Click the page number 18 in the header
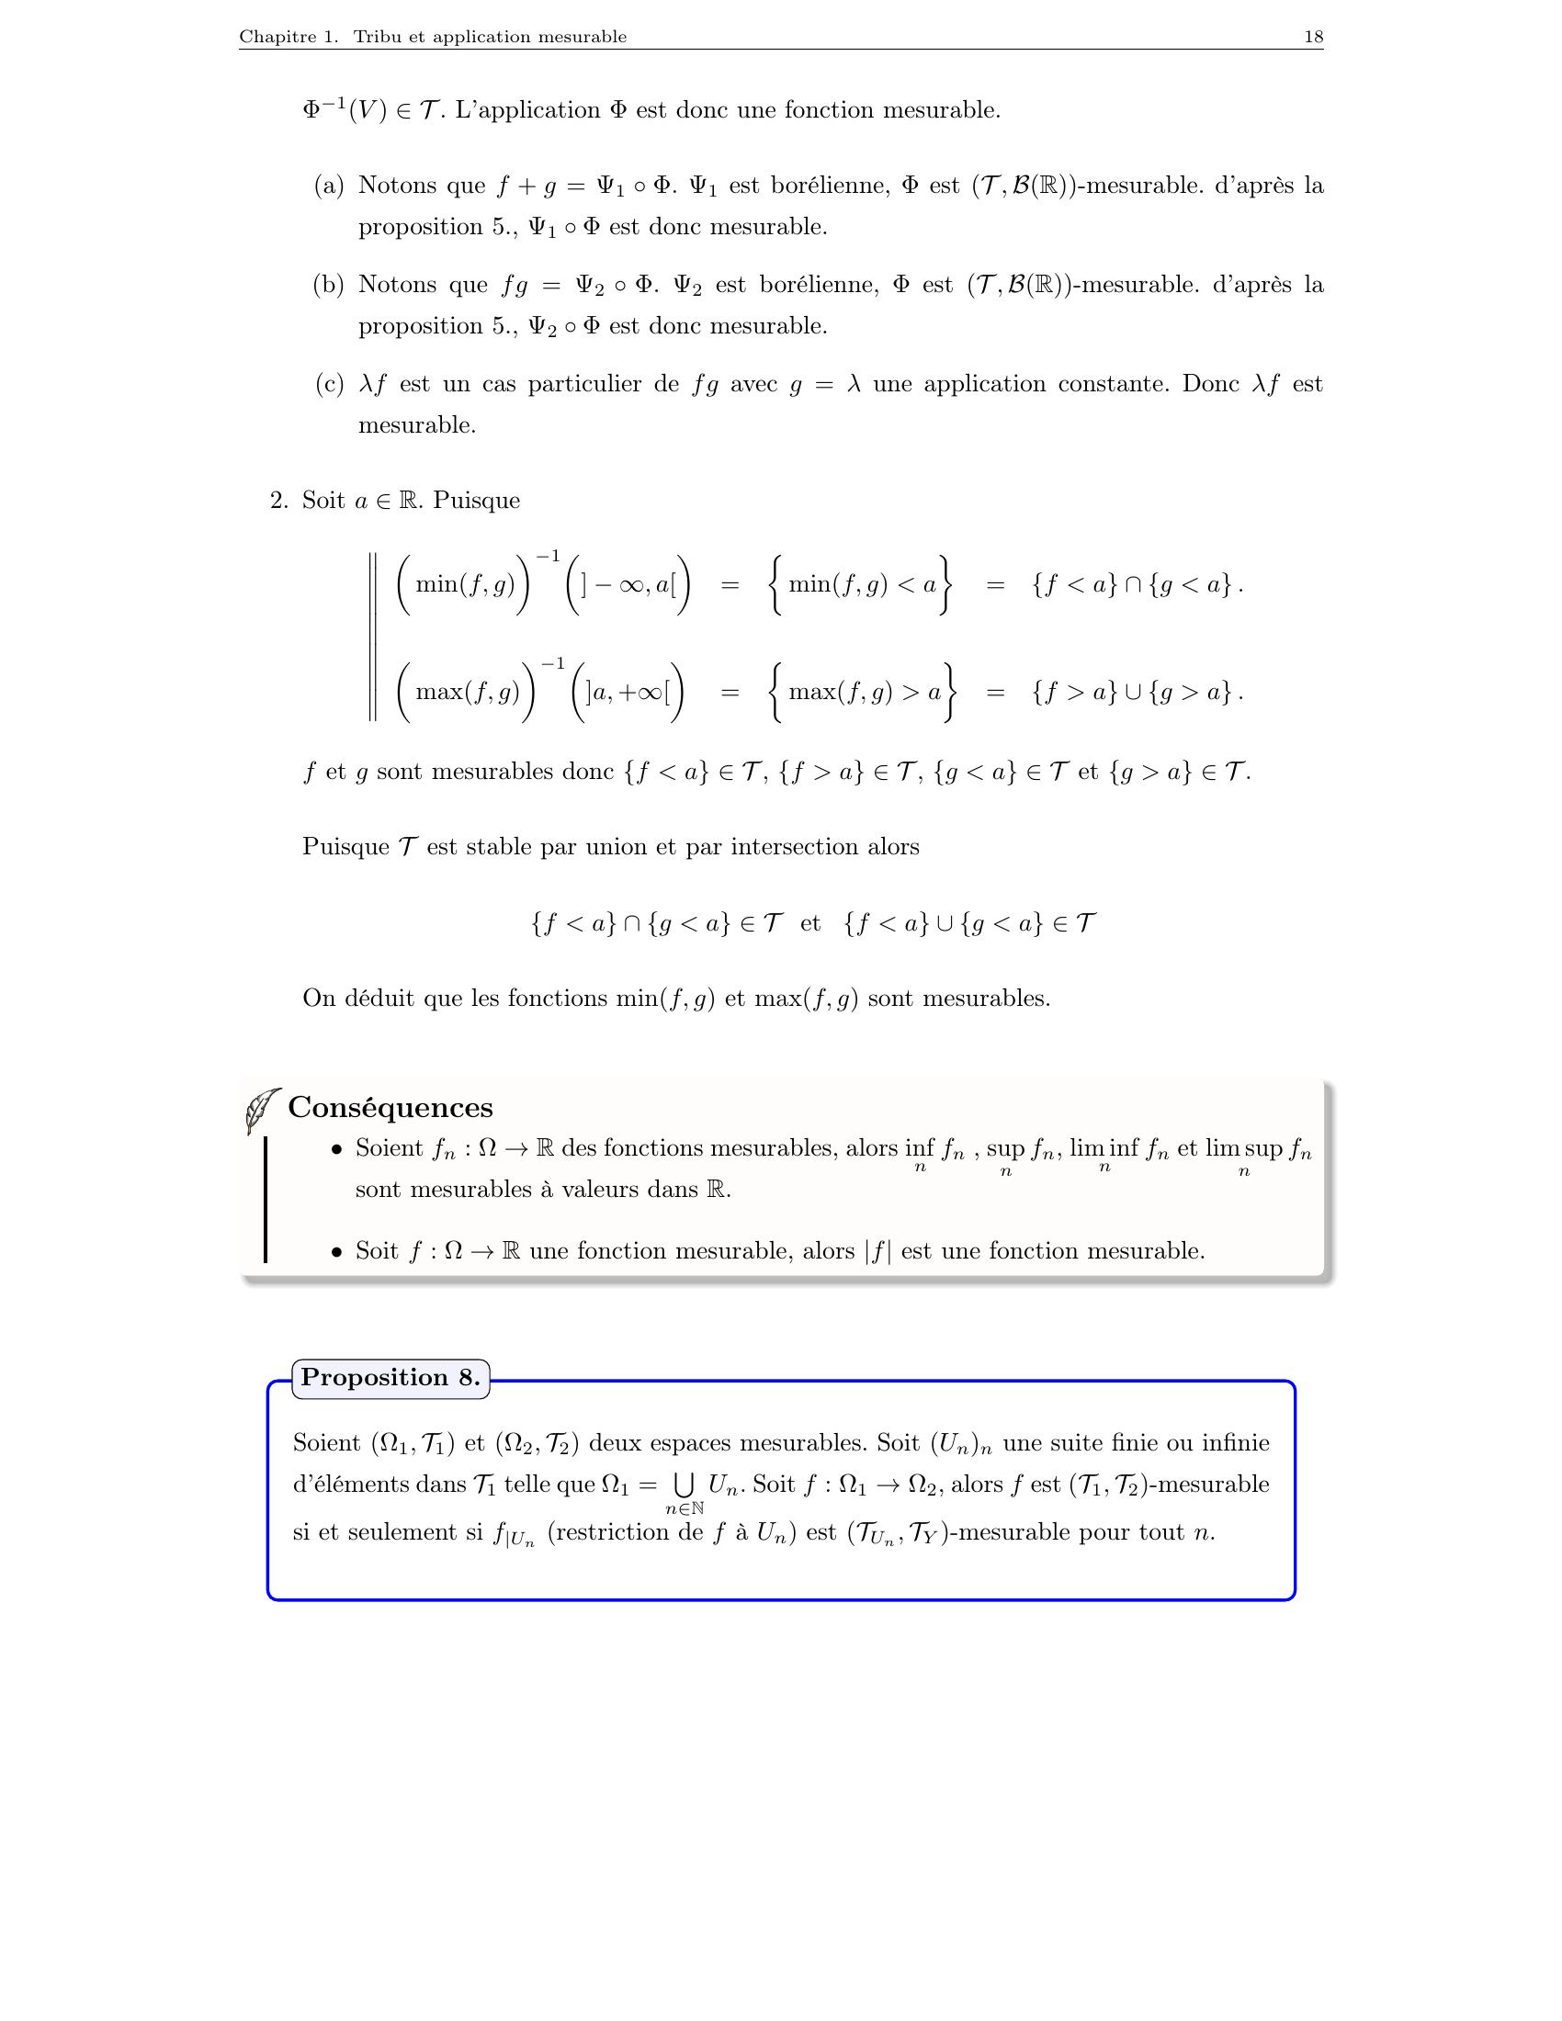pyautogui.click(x=1313, y=37)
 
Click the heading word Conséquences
pyautogui.click(x=390, y=1108)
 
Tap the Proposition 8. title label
pyautogui.click(x=390, y=1378)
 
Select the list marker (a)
pyautogui.click(x=329, y=186)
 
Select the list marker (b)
pyautogui.click(x=329, y=285)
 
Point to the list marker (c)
pyautogui.click(x=329, y=385)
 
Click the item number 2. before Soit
pyautogui.click(x=279, y=502)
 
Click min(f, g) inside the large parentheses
pyautogui.click(x=465, y=585)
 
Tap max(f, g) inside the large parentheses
pyautogui.click(x=468, y=692)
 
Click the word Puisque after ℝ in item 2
pyautogui.click(x=477, y=502)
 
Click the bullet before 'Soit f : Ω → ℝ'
pyautogui.click(x=337, y=1252)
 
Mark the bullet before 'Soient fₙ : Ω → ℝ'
pyautogui.click(x=337, y=1149)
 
